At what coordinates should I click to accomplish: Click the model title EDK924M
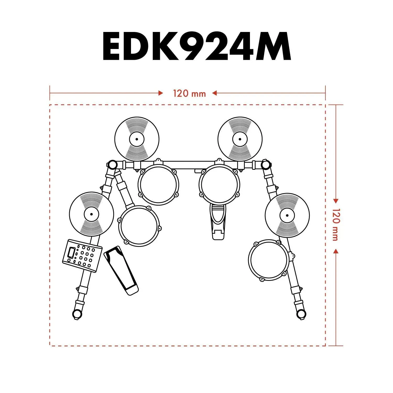click(196, 46)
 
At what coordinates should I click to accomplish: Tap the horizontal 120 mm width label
click(189, 93)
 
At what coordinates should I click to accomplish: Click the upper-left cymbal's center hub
click(137, 139)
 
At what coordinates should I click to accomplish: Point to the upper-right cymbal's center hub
click(240, 139)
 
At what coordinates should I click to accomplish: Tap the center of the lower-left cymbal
click(91, 214)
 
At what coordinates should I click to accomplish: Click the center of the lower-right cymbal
click(287, 215)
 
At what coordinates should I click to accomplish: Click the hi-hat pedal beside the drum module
click(121, 270)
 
